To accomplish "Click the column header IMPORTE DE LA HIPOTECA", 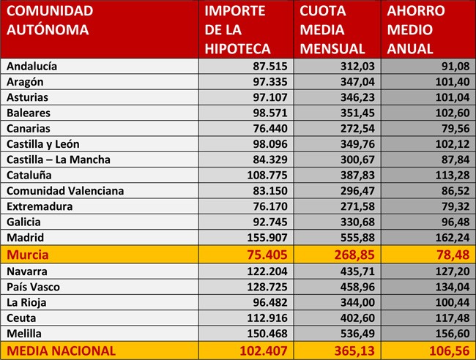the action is pos(237,30).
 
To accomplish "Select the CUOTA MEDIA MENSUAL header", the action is pos(332,30).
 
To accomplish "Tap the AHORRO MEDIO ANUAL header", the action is pos(416,30).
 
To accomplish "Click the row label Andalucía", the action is pos(32,66).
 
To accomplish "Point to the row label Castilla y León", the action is pos(43,144).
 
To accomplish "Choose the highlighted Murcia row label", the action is pos(28,255).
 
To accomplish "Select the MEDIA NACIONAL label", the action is pos(61,351).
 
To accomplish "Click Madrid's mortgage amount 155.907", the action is pos(267,238).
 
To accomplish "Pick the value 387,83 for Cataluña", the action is pos(357,176).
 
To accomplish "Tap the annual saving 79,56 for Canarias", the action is pos(455,129).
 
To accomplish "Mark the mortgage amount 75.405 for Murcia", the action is pos(267,255).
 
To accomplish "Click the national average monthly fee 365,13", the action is pos(354,351).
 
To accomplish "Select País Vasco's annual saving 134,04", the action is pos(453,287).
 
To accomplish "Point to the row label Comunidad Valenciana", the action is pos(65,191).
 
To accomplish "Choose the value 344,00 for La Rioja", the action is pos(357,302).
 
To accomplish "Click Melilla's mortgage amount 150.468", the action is pos(267,334).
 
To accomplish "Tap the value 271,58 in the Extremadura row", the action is pos(357,206).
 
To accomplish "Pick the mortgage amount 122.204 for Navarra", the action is pos(267,271).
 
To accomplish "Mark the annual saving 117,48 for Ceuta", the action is pos(453,318).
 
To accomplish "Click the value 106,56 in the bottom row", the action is pos(450,351).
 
